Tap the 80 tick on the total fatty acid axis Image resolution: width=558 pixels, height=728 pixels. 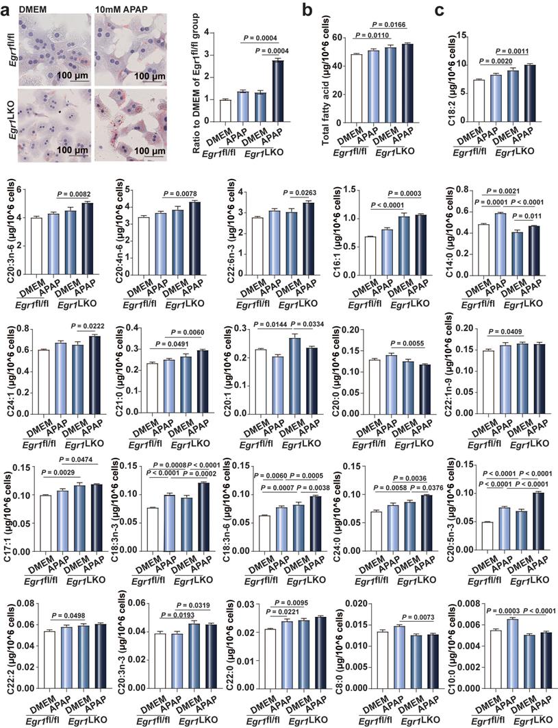(x=341, y=34)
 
